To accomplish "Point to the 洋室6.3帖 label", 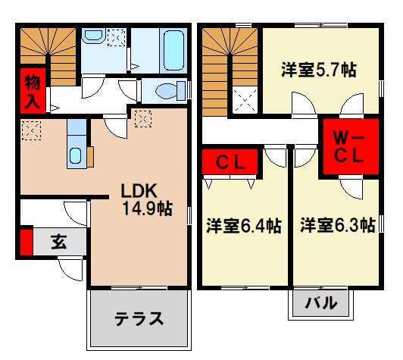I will pyautogui.click(x=337, y=226).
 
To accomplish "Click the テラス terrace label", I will pyautogui.click(x=139, y=318).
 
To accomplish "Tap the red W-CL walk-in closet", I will pyautogui.click(x=351, y=149).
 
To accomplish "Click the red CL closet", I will pyautogui.click(x=230, y=161).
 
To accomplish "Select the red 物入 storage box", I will pyautogui.click(x=32, y=89).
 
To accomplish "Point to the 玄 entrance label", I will pyautogui.click(x=58, y=243).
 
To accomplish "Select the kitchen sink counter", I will pyautogui.click(x=77, y=144).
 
